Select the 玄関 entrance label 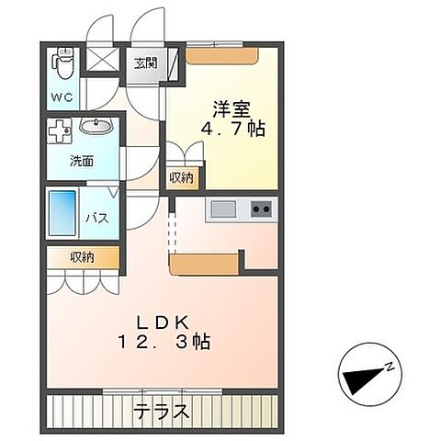[x=145, y=63]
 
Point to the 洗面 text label [x=82, y=161]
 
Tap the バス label [x=98, y=218]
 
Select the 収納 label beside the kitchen [x=181, y=177]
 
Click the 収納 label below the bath [x=81, y=257]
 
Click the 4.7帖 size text [x=233, y=129]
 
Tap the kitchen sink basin [x=223, y=209]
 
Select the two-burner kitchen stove [x=260, y=209]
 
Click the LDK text [x=163, y=323]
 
